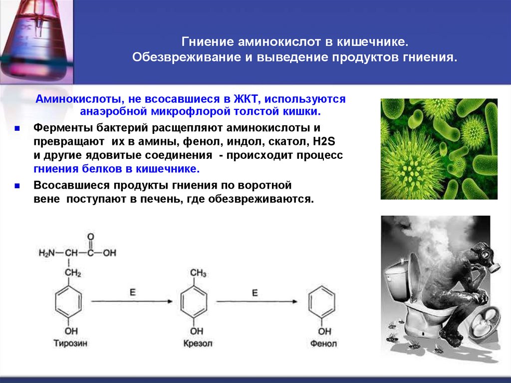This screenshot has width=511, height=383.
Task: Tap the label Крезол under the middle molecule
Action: pos(198,344)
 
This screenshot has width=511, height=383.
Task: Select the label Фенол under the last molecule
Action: pos(323,344)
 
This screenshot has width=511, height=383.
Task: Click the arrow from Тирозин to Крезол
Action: pos(132,301)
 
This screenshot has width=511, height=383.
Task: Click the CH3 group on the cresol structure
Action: pos(198,273)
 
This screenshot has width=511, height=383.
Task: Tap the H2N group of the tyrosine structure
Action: pos(48,253)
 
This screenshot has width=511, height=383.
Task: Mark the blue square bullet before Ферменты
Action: pos(17,128)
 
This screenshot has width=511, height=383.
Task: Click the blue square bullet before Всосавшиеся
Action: pos(17,185)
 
